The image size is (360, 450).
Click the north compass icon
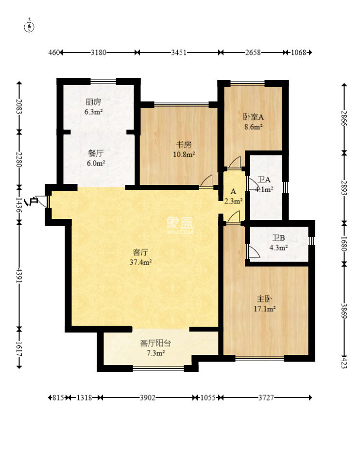click(31, 27)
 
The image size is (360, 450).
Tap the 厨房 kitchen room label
click(93, 102)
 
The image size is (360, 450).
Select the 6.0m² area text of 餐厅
click(96, 163)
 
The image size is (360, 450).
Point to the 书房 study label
click(184, 144)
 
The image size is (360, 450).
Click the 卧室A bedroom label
click(254, 117)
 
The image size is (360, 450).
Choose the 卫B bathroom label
click(279, 238)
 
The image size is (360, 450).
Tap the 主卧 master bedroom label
click(264, 299)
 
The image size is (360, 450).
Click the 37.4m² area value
click(141, 262)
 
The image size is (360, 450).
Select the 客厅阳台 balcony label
click(156, 343)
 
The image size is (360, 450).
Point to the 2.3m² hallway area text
click(233, 201)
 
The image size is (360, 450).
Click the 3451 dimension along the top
click(179, 52)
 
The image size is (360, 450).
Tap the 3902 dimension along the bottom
click(147, 398)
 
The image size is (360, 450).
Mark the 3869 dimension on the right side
click(344, 311)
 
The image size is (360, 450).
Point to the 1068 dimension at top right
click(299, 52)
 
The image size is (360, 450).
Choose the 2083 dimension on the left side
click(19, 106)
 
